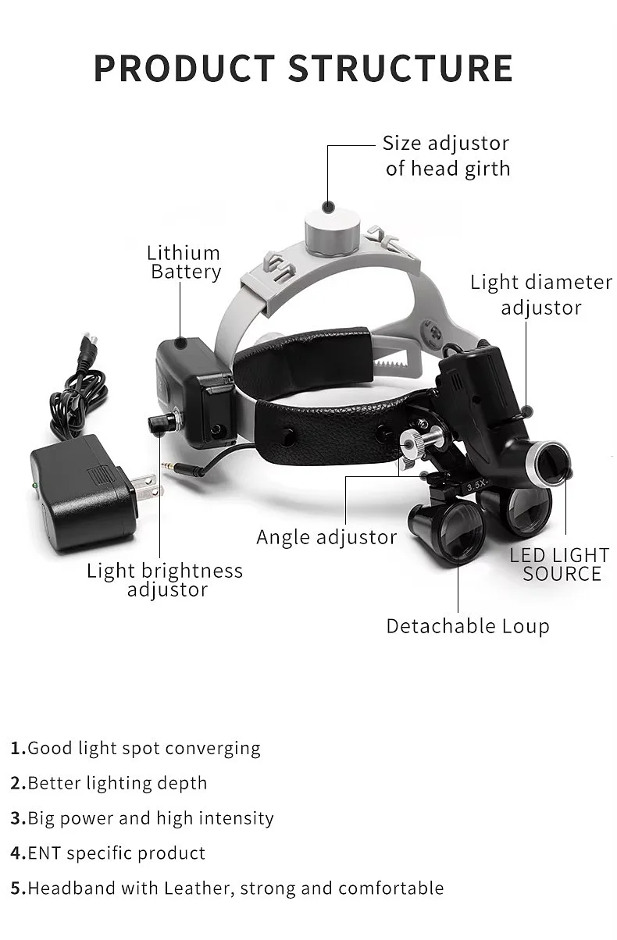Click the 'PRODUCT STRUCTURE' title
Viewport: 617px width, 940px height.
click(303, 68)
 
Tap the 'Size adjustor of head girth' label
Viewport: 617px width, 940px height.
click(446, 155)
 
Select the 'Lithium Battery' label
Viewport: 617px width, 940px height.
click(185, 262)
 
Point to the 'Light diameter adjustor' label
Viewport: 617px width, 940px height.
click(540, 294)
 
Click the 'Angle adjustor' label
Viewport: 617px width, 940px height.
click(326, 537)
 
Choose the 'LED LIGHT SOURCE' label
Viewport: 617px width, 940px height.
click(559, 564)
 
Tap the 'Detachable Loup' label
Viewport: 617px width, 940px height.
click(467, 626)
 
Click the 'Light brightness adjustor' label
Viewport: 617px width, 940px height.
click(165, 580)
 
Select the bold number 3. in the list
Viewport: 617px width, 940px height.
click(18, 818)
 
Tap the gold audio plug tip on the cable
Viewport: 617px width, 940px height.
click(171, 466)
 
